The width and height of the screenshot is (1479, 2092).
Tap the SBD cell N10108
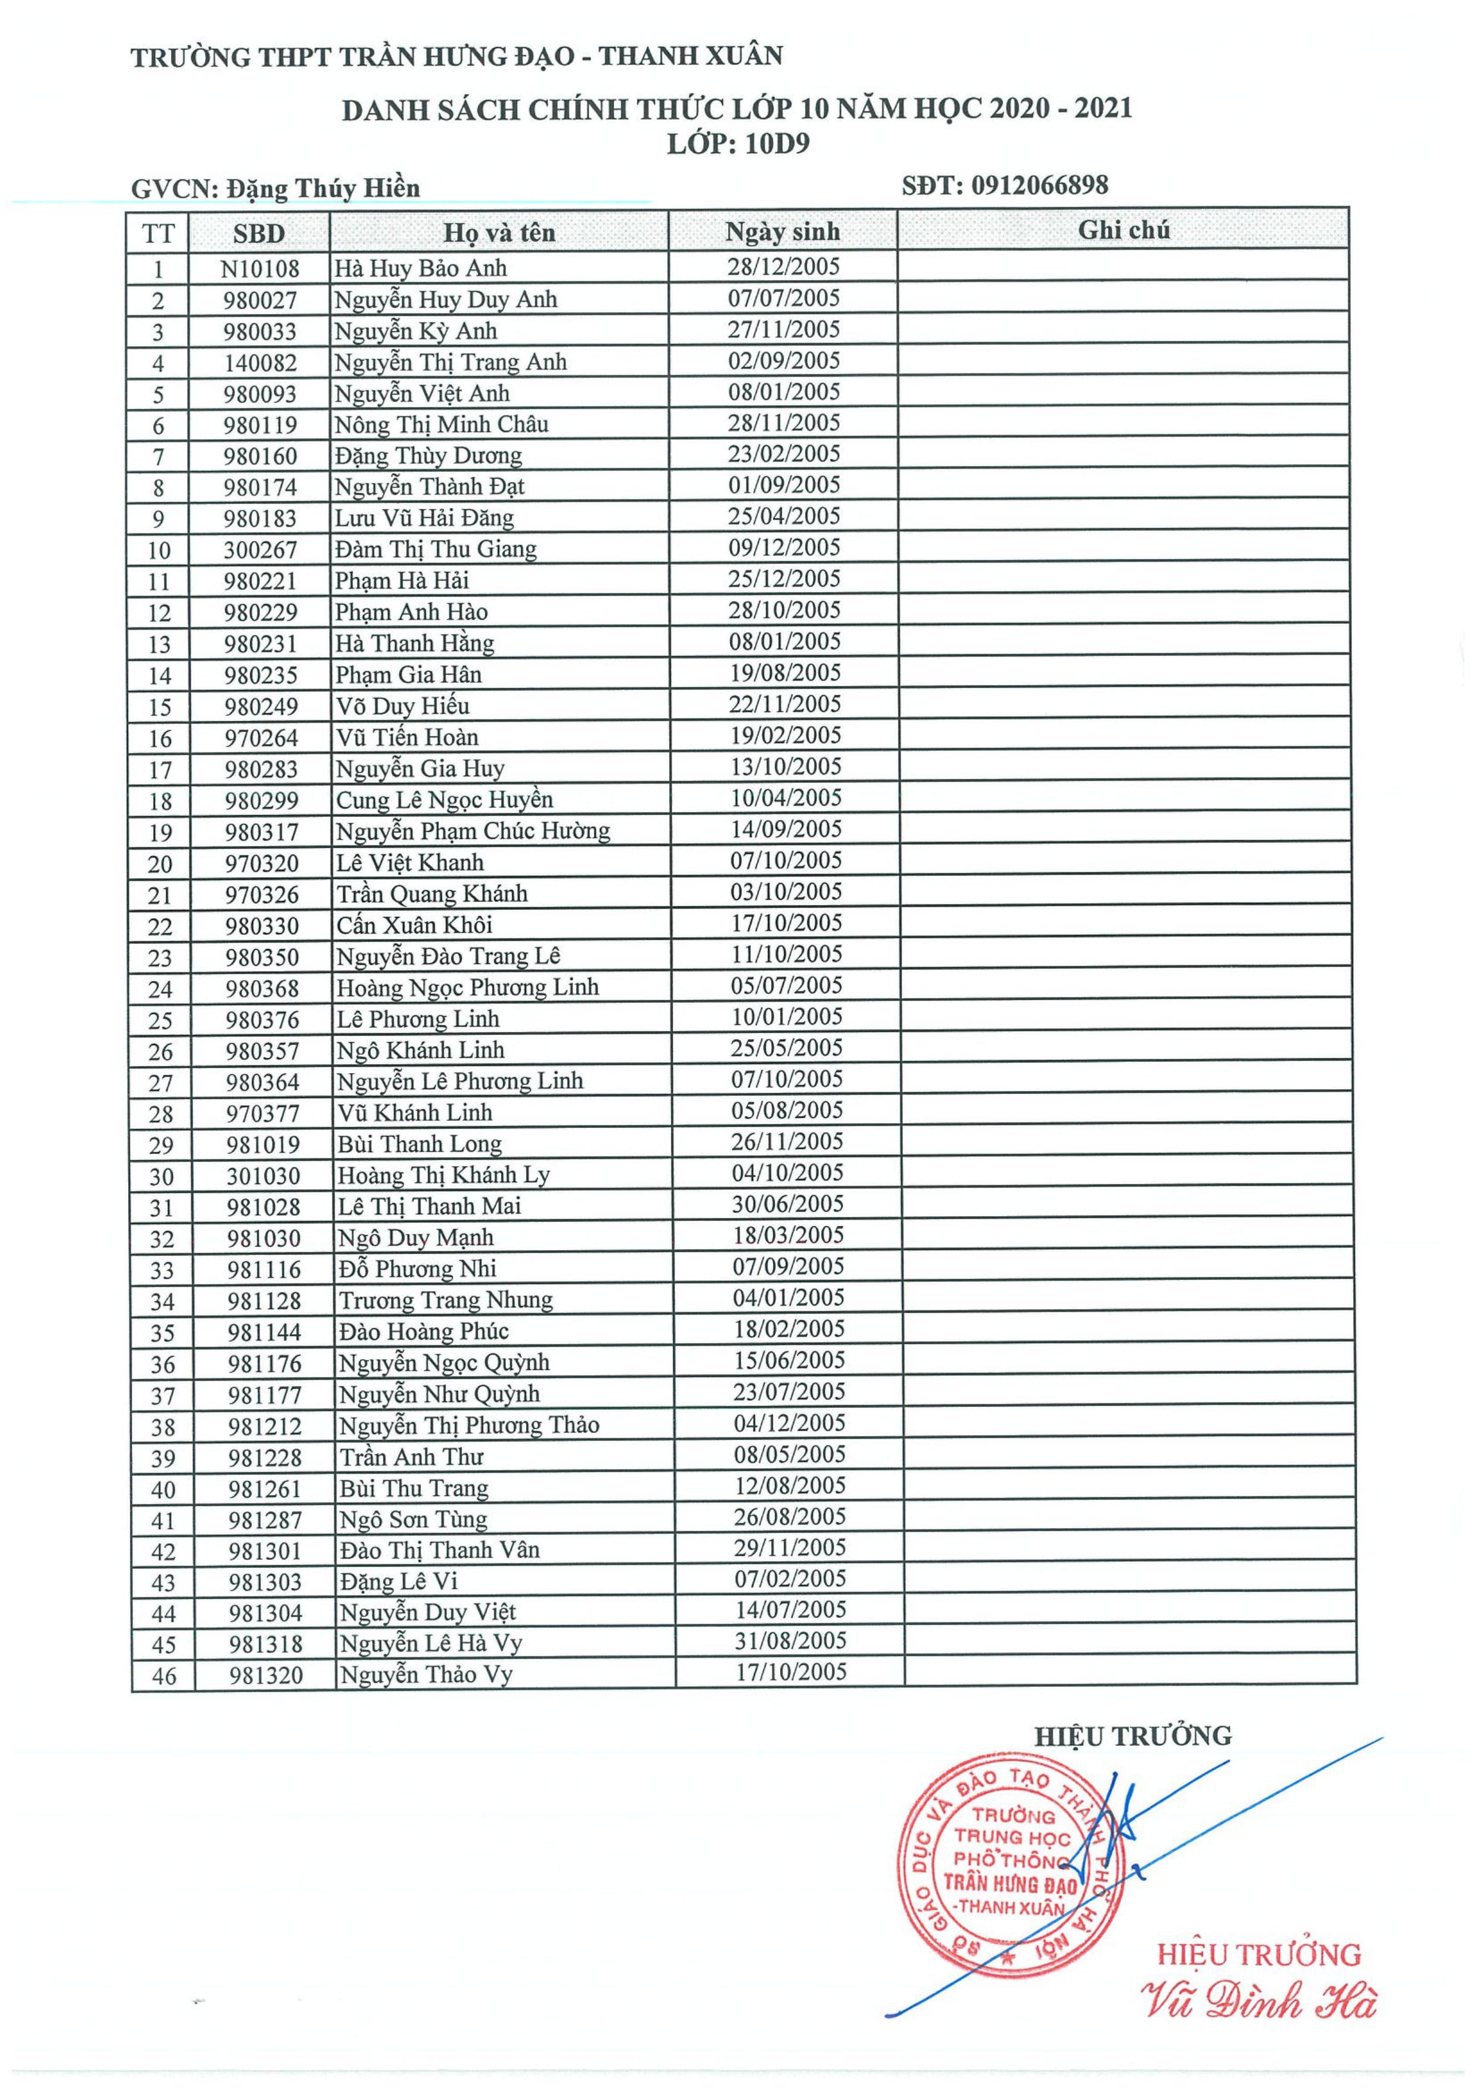[x=260, y=269]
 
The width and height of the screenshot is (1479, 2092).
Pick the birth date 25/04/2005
[x=784, y=517]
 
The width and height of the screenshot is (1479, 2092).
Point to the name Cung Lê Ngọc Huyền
[x=444, y=800]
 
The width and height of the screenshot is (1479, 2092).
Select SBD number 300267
[x=260, y=549]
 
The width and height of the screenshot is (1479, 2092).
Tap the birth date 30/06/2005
[x=787, y=1205]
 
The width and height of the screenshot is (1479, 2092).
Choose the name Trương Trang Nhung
[x=446, y=1300]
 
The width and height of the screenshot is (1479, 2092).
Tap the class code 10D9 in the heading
[x=776, y=144]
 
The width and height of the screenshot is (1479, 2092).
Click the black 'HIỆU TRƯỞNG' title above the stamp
[x=1132, y=1736]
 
